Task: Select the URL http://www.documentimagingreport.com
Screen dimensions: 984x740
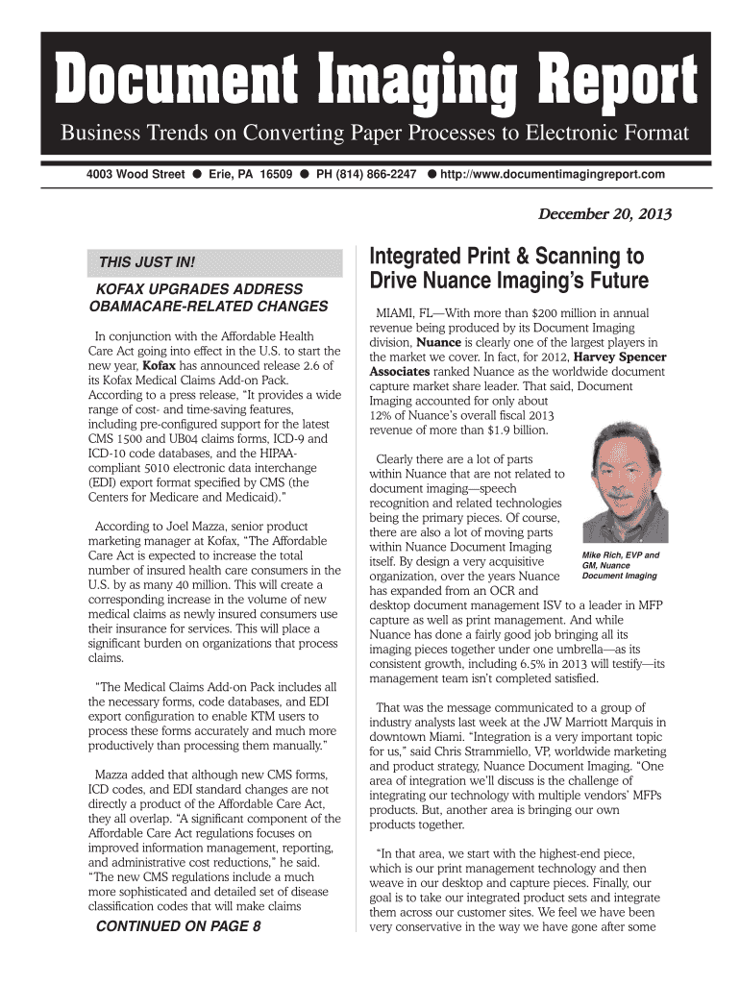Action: tap(553, 174)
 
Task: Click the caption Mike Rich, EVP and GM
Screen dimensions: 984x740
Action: tap(620, 565)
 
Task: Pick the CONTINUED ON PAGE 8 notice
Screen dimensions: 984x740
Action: tap(177, 927)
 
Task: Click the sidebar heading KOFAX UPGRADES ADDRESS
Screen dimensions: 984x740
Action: tap(195, 289)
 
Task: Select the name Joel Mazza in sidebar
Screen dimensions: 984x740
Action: tap(183, 526)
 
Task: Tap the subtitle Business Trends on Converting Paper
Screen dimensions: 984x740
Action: tap(375, 133)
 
